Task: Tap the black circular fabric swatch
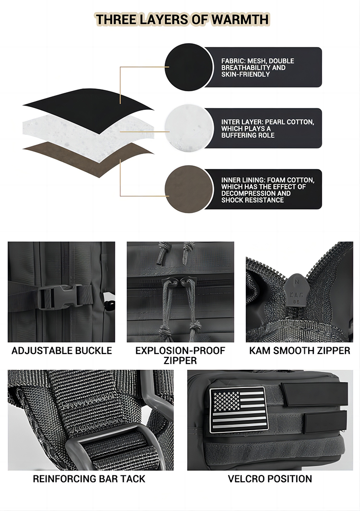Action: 189,67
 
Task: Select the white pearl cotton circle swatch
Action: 189,128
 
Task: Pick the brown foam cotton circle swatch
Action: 189,189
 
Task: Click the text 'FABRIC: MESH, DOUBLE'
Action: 257,61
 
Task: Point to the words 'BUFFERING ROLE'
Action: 248,135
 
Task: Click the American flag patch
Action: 237,410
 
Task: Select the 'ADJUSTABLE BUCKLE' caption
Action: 61,351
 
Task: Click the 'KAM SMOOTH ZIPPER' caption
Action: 300,351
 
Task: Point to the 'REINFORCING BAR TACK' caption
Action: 89,479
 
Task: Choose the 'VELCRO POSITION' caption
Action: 270,479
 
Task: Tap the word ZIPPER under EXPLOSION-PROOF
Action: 180,361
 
